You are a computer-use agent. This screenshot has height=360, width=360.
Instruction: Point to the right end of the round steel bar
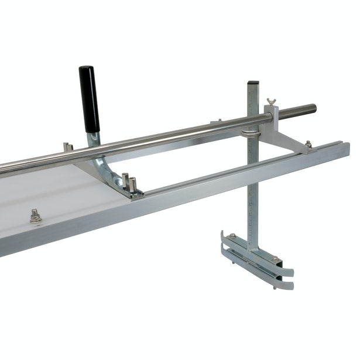(x=311, y=108)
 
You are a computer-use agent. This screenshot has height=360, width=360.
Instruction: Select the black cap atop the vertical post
(x=253, y=83)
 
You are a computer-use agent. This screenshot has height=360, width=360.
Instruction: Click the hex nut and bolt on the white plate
(x=36, y=217)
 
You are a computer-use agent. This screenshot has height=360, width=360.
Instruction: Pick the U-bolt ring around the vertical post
(x=250, y=132)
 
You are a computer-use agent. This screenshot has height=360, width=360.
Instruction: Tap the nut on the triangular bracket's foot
(x=308, y=144)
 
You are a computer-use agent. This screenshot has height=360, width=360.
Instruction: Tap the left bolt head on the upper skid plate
(x=233, y=236)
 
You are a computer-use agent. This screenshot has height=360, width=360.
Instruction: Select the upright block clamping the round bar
(x=269, y=117)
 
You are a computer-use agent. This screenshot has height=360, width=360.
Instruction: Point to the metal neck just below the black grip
(x=94, y=139)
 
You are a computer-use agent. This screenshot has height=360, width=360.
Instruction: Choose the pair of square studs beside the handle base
(x=128, y=181)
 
